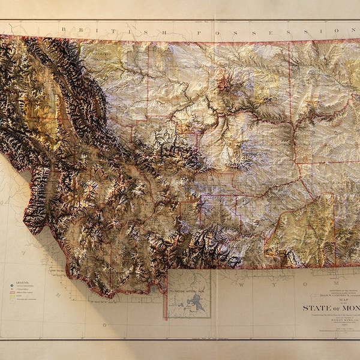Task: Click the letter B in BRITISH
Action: point(62,28)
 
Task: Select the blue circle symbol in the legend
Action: point(11,286)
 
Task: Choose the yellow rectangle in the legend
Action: point(11,299)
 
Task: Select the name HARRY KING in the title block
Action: point(340,321)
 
